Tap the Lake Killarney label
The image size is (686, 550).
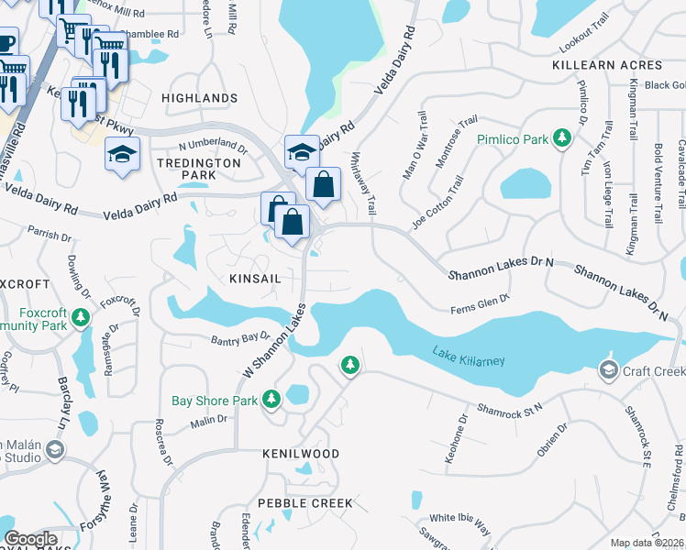tap(468, 357)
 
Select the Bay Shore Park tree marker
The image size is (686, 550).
tap(271, 400)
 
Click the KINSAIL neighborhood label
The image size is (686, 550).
tap(243, 277)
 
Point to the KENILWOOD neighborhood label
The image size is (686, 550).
tap(301, 454)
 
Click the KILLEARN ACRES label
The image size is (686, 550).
tap(607, 66)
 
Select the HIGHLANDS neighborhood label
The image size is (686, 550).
tap(199, 98)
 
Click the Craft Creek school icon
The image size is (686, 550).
tap(607, 370)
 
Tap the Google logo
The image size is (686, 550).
tap(31, 538)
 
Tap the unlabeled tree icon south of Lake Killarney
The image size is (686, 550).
tap(349, 366)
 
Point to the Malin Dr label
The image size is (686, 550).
tap(208, 421)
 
